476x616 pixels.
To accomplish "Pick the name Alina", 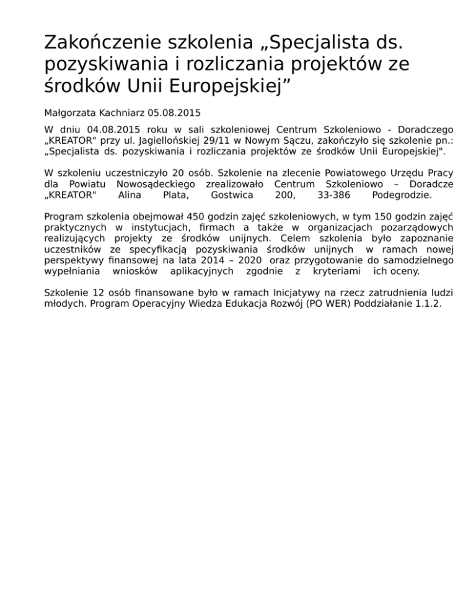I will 128,195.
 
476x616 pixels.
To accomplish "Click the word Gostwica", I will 231,195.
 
